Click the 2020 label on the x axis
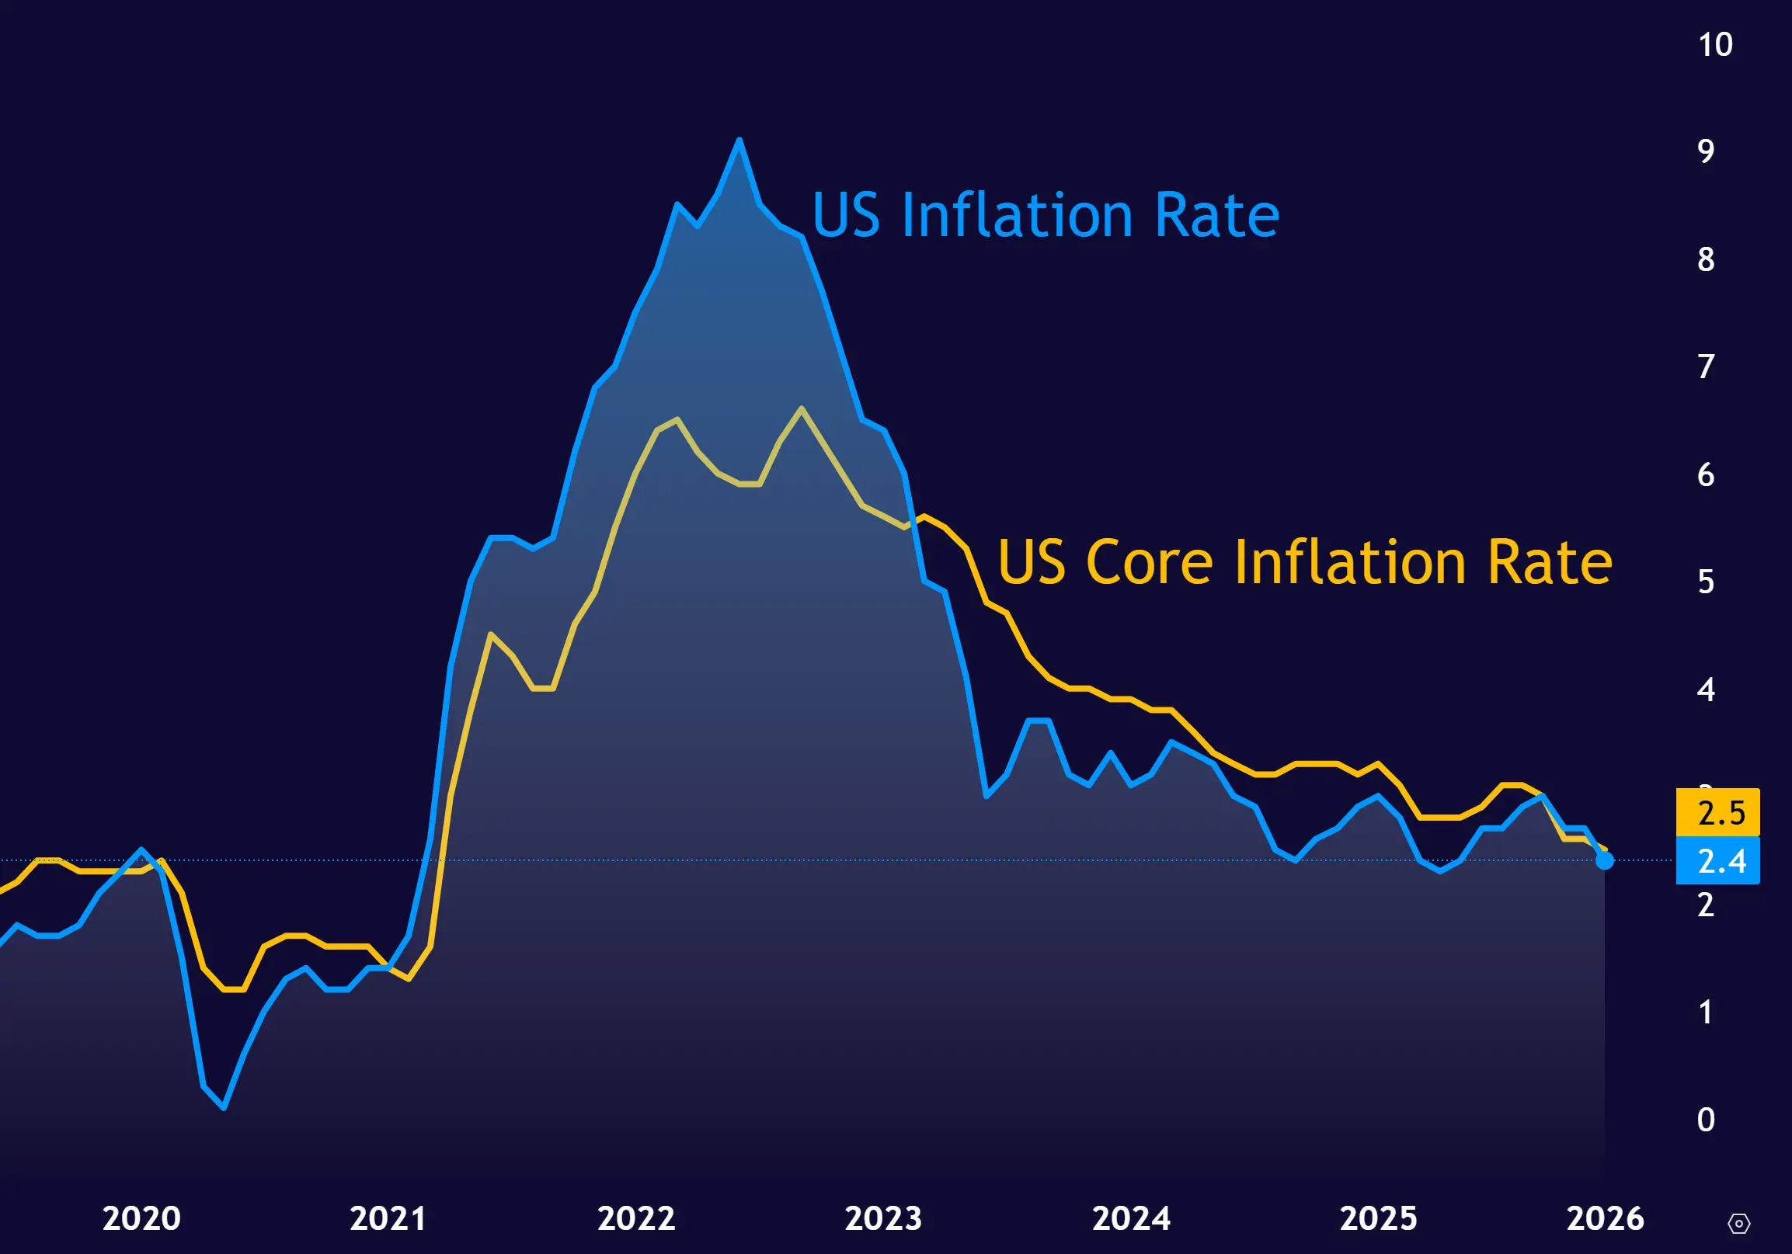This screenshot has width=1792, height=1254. (x=141, y=1218)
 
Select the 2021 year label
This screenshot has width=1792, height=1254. (x=388, y=1218)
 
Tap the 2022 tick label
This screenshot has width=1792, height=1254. (x=636, y=1218)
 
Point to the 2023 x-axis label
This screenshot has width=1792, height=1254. (x=883, y=1218)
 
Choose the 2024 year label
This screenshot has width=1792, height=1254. (x=1131, y=1218)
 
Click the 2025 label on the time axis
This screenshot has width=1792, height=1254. (x=1378, y=1218)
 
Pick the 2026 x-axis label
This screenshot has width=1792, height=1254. (x=1606, y=1218)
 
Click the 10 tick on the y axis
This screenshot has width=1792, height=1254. (x=1716, y=44)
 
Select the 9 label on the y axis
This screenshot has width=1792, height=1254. (x=1706, y=151)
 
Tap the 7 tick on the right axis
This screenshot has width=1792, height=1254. (x=1706, y=366)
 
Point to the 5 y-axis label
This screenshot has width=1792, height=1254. (x=1706, y=582)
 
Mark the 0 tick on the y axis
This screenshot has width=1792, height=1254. (x=1706, y=1120)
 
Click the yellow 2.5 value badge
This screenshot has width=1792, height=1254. (x=1718, y=812)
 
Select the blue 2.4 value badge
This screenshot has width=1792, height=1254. (x=1718, y=860)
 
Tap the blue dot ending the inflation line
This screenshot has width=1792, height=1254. (x=1605, y=860)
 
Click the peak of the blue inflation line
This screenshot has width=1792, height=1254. (x=739, y=141)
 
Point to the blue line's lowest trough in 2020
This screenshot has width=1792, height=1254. (x=224, y=1107)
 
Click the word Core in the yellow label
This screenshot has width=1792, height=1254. (x=1149, y=562)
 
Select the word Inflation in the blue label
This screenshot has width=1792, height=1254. (x=1017, y=214)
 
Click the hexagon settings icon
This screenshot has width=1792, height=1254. (x=1739, y=1223)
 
